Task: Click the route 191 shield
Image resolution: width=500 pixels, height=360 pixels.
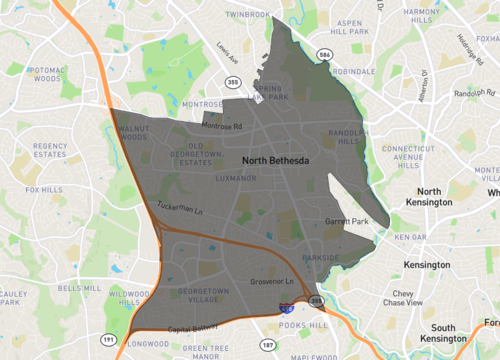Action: point(108,340)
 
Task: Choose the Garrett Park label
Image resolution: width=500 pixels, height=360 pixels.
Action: point(346,221)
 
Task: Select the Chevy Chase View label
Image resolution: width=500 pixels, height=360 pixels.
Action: point(404,297)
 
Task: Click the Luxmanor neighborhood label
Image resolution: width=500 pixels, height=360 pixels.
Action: point(235,177)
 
